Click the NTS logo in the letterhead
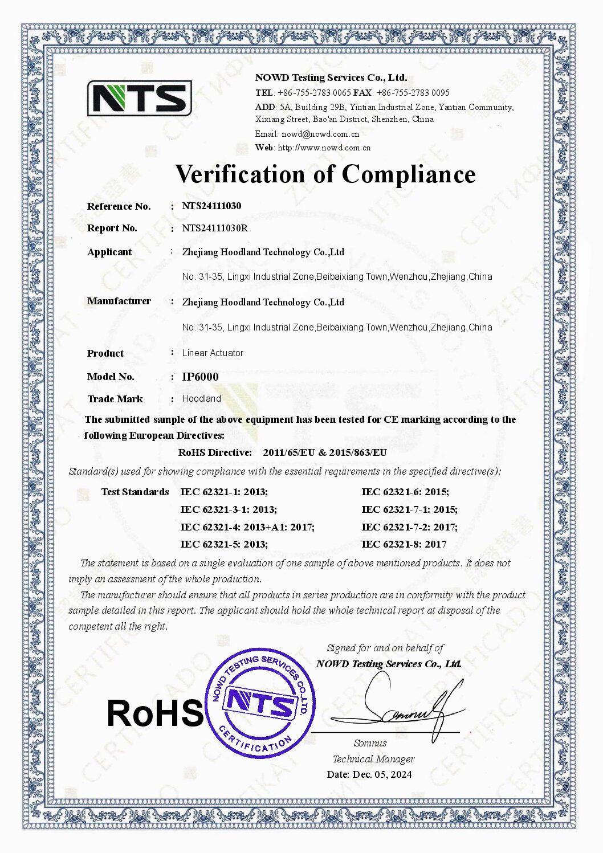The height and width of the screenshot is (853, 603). pos(139,98)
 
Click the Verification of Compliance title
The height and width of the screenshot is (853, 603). pos(325,174)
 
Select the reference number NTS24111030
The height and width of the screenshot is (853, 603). pos(211,206)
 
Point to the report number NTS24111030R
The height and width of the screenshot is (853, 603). pos(215,228)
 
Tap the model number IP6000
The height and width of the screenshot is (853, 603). pos(200,377)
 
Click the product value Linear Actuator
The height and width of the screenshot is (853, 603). pos(213,353)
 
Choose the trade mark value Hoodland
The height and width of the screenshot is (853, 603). pos(201,399)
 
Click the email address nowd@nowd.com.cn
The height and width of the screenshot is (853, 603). pos(320,134)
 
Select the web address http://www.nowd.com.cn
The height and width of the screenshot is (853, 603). pos(324,148)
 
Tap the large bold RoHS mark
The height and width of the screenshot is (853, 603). pos(155,713)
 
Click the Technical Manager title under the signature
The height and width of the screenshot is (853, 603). pos(373,759)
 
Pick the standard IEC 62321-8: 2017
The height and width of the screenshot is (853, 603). pos(404,544)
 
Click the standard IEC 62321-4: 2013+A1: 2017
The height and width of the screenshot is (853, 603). pos(247,527)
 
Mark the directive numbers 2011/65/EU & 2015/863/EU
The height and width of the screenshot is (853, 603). pos(325,452)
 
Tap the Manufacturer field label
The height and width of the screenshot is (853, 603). pos(119,301)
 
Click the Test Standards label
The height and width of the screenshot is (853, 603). pos(135,492)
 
